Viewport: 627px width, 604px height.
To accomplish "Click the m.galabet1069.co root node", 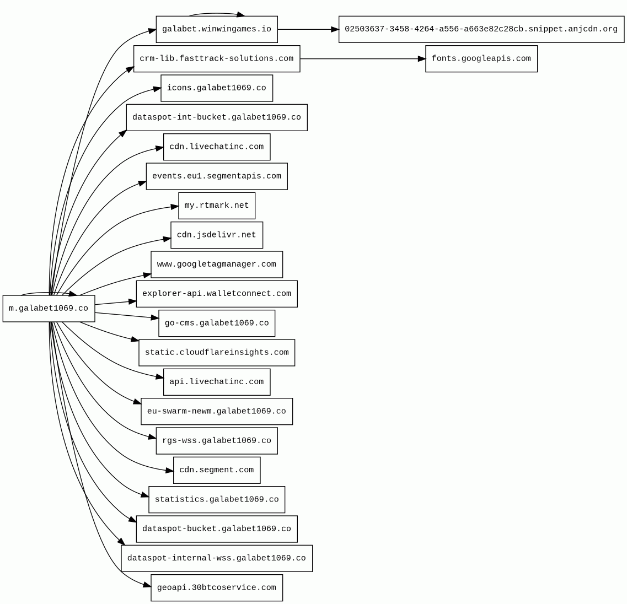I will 49,309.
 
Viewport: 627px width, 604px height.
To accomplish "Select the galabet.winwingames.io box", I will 217,29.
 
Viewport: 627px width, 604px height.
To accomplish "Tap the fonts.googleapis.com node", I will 481,59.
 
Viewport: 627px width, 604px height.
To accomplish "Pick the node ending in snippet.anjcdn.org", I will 481,29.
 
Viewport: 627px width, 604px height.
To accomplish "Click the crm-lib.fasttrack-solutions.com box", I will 217,59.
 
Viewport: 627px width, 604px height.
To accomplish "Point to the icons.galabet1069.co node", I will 217,88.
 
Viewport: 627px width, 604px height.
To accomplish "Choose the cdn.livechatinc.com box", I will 217,147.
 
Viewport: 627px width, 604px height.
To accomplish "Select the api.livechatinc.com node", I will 217,382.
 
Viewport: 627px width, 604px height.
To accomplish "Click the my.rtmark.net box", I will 217,206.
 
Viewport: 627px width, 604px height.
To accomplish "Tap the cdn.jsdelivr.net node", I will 217,235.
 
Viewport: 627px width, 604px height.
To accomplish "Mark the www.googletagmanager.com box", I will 217,265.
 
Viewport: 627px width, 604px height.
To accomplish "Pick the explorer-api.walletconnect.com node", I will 217,294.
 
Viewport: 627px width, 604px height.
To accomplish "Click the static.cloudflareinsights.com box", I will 217,353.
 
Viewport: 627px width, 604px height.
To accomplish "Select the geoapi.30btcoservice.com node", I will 217,588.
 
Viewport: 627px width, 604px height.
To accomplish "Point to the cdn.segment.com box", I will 217,470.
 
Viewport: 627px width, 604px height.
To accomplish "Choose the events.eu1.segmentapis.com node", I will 217,176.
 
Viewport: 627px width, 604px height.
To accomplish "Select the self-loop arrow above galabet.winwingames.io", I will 217,13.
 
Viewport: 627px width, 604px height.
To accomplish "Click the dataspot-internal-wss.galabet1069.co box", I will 217,558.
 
